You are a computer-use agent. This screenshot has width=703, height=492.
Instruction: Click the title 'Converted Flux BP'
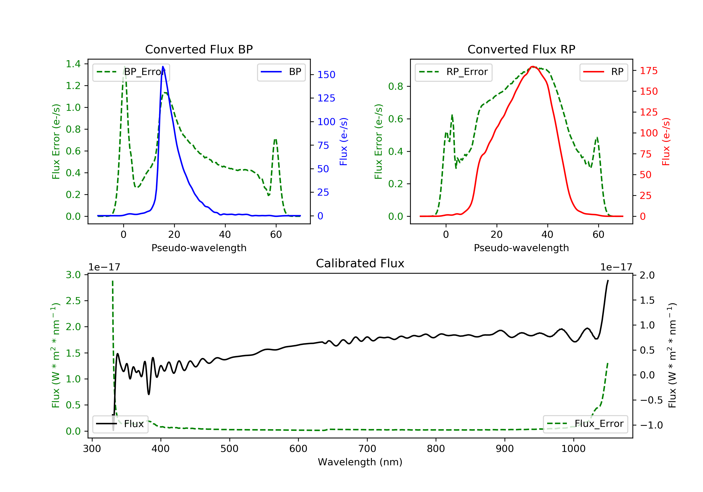(x=199, y=49)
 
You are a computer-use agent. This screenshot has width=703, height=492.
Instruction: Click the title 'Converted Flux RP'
(x=521, y=49)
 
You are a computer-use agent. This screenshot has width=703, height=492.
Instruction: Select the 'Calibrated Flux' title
(x=360, y=263)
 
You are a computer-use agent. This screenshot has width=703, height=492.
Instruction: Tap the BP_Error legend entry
(x=131, y=72)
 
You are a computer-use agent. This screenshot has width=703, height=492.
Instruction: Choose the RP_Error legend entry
(x=453, y=72)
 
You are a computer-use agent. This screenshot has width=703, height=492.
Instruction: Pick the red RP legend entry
(x=603, y=72)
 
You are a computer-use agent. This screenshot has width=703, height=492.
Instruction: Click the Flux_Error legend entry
(x=585, y=424)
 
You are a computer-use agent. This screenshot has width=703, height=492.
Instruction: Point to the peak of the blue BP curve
(x=163, y=67)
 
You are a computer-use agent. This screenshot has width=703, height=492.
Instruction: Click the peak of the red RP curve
(x=533, y=67)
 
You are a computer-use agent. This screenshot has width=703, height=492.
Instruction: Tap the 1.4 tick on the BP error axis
(x=73, y=64)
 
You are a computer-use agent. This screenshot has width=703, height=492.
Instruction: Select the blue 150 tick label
(x=326, y=75)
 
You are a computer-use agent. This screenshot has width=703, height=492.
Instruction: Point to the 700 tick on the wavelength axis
(x=367, y=449)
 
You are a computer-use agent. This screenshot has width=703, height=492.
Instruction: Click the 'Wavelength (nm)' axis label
(x=360, y=462)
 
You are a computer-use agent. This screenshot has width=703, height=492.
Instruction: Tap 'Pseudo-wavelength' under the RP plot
(x=521, y=248)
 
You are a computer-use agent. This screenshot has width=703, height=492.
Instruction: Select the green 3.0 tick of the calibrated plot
(x=73, y=275)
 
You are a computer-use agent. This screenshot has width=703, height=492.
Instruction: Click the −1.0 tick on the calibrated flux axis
(x=651, y=425)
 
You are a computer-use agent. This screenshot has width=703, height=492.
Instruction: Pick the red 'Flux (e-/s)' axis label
(x=666, y=142)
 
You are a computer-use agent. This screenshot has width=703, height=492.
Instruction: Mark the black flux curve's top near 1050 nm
(x=608, y=280)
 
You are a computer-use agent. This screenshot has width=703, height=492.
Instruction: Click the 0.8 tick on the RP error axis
(x=396, y=87)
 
